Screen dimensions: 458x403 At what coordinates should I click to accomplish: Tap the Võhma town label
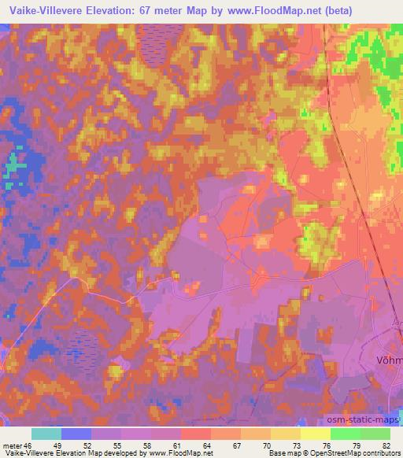(386, 360)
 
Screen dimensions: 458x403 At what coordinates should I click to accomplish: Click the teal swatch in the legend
(47, 434)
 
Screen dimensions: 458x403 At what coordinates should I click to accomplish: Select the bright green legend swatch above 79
(345, 434)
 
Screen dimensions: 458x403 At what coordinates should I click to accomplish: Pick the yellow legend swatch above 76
(315, 434)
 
